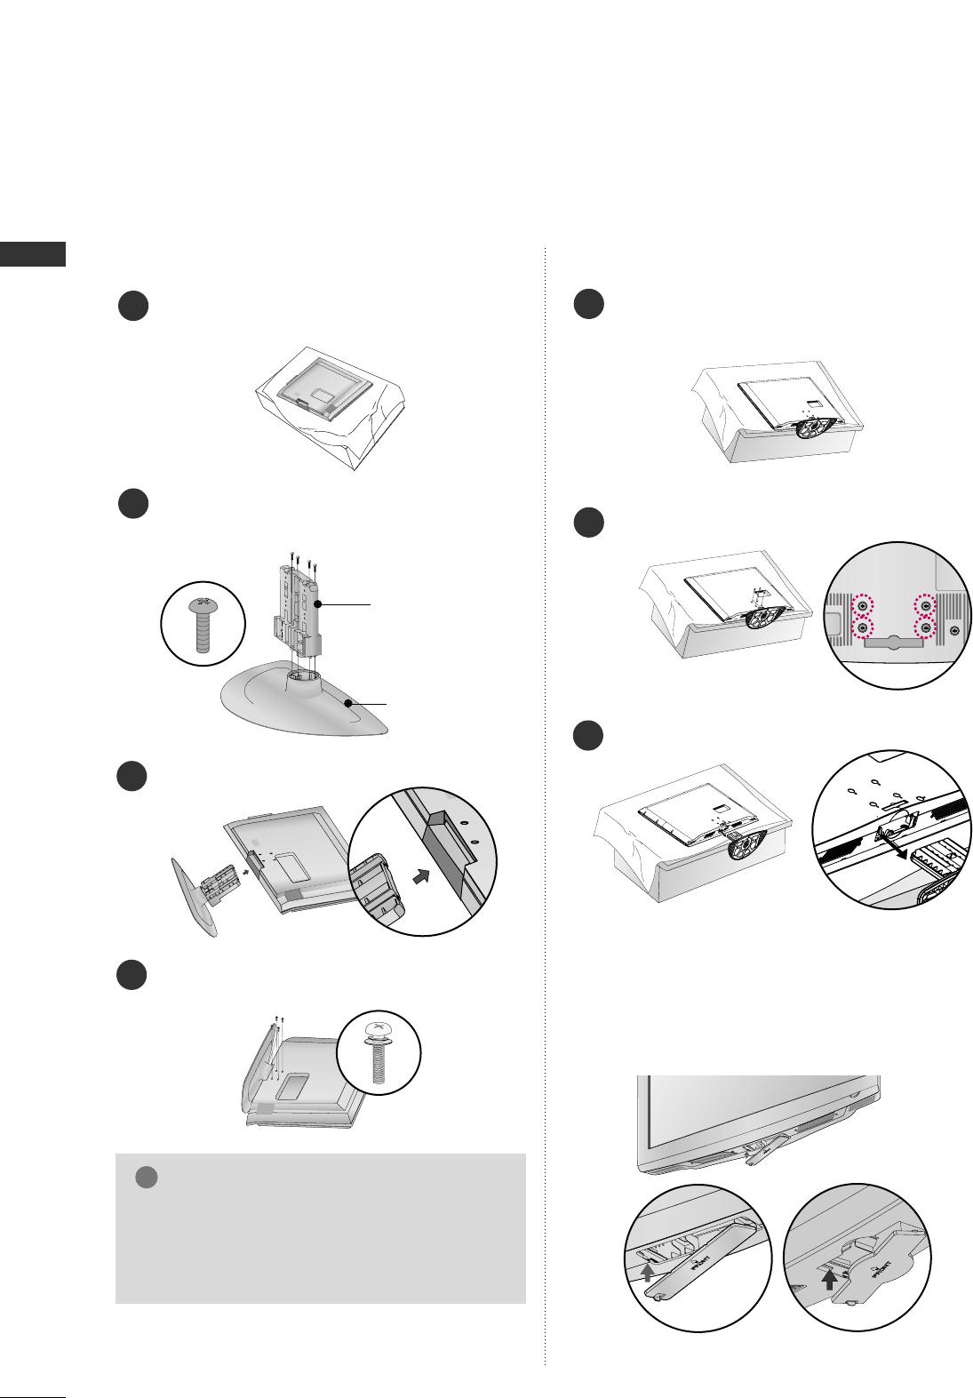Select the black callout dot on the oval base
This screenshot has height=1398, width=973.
352,703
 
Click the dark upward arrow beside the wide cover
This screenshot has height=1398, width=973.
828,1279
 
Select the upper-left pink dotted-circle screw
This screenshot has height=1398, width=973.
861,605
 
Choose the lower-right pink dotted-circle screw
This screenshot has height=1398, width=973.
926,628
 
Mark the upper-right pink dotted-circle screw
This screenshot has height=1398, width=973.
926,605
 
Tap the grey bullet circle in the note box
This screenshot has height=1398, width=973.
147,1178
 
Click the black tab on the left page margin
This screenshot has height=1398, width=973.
33,253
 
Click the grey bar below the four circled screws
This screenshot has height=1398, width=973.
893,643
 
